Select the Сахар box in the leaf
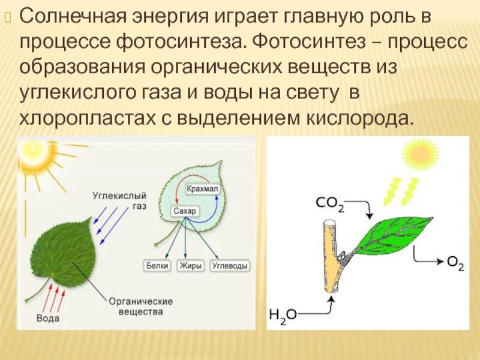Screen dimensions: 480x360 pyautogui.click(x=185, y=211)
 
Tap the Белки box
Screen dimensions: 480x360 pyautogui.click(x=158, y=265)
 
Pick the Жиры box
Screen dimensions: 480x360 pyautogui.click(x=190, y=265)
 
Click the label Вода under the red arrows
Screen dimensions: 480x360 pyautogui.click(x=48, y=318)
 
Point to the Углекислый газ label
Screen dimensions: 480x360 pyautogui.click(x=128, y=200)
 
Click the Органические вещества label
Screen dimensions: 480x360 pyautogui.click(x=140, y=307)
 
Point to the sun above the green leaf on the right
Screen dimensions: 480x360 pyautogui.click(x=420, y=154)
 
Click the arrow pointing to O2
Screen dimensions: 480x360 pyautogui.click(x=428, y=259)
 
